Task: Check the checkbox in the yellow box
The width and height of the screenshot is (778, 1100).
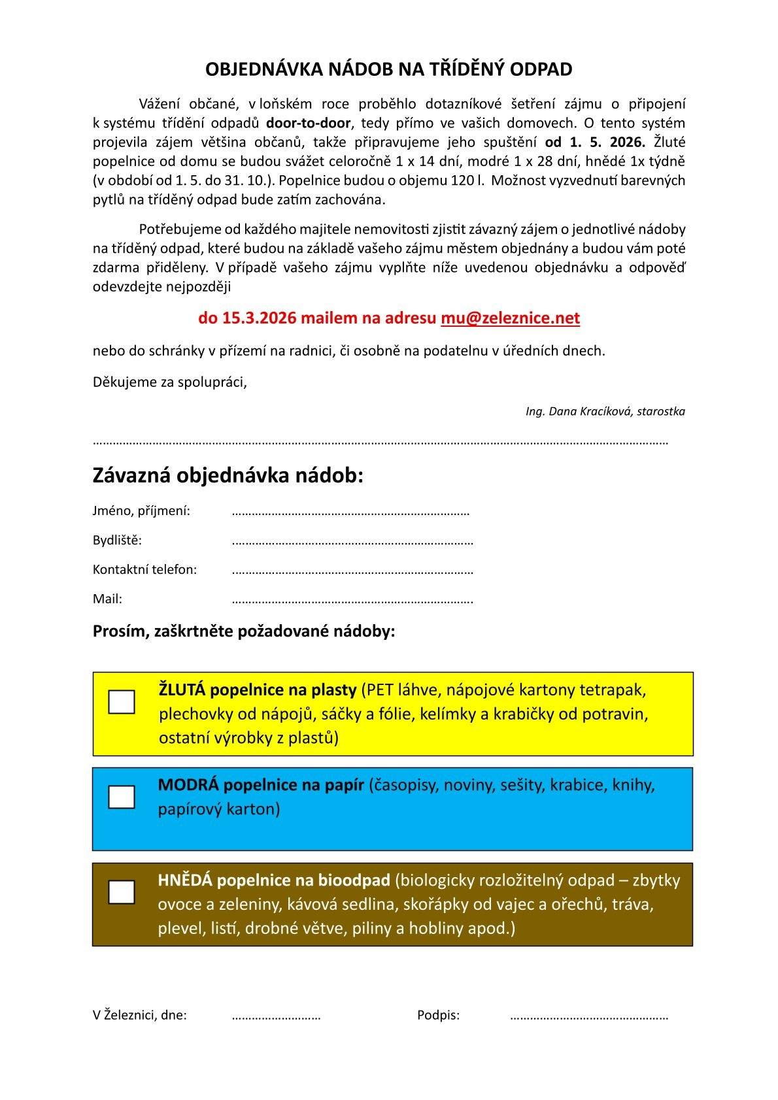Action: point(122,701)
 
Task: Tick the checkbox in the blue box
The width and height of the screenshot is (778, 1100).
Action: point(122,797)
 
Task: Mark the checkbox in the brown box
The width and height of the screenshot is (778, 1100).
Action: point(122,892)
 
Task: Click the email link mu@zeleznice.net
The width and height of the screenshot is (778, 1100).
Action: point(510,318)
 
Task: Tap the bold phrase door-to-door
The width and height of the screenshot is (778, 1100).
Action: point(309,123)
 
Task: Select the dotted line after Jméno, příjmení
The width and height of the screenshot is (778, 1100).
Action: point(350,512)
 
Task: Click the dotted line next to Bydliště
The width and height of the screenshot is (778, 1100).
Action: point(352,541)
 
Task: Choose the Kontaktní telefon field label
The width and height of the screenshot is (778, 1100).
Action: point(144,569)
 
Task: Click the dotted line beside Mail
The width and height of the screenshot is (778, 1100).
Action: point(352,599)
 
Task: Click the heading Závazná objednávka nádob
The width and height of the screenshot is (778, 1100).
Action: point(228,475)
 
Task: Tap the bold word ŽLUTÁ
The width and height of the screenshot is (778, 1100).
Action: point(182,690)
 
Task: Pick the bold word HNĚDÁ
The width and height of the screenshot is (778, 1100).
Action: point(185,880)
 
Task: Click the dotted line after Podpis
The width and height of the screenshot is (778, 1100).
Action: point(588,1016)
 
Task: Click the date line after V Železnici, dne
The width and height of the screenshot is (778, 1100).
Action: point(276,1016)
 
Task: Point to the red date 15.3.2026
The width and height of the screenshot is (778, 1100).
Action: point(259,318)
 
